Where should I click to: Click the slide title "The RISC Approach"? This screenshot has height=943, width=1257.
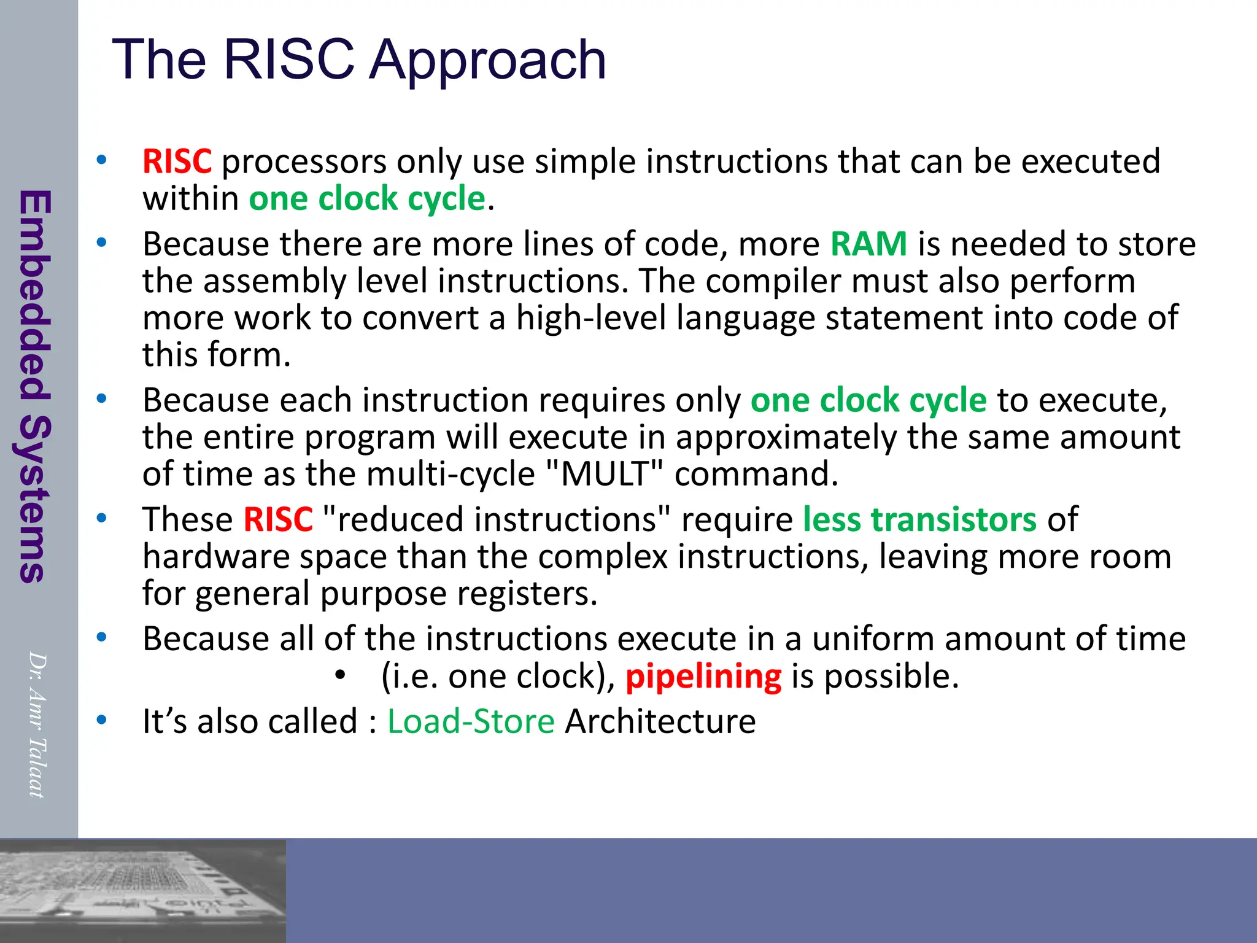[x=359, y=60]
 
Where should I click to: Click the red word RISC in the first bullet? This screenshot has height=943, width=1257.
[x=177, y=161]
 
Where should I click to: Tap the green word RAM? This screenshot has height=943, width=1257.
[x=868, y=244]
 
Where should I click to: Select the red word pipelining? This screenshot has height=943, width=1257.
[x=703, y=677]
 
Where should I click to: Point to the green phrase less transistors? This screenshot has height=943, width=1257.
[x=919, y=519]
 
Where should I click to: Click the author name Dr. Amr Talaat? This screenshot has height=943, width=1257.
[x=37, y=724]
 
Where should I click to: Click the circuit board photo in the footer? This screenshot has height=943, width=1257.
[x=142, y=890]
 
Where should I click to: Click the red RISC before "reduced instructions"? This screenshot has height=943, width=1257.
[x=278, y=519]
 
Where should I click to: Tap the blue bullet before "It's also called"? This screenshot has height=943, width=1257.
[x=101, y=719]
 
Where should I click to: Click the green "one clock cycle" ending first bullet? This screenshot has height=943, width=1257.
[x=367, y=199]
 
